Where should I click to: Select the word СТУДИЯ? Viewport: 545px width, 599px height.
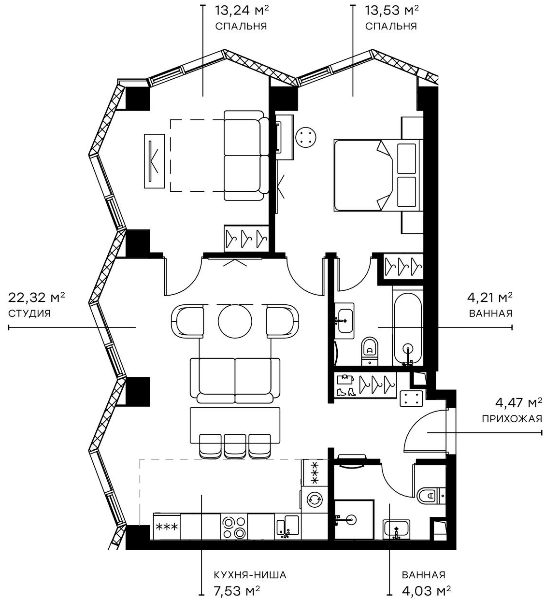point(29,313)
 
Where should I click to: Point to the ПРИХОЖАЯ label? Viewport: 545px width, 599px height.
point(512,418)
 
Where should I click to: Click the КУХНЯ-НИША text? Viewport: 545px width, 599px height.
point(250,575)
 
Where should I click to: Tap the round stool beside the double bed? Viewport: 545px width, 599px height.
point(306,136)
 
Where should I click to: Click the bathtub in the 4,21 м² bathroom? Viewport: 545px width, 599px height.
point(408,329)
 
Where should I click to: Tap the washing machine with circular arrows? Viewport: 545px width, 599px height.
point(314,499)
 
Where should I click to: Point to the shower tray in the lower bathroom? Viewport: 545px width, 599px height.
point(354,519)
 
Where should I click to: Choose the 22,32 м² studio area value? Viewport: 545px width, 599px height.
point(37,297)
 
